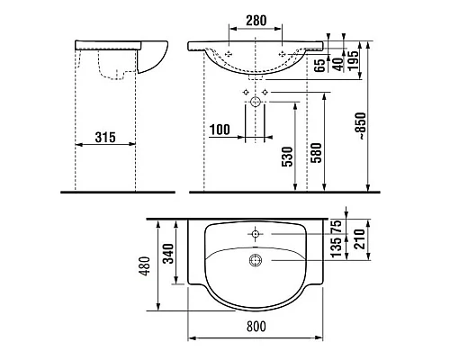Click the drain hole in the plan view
click(x=257, y=260)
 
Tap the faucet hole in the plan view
click(x=256, y=234)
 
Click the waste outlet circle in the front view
click(x=256, y=102)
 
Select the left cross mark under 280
click(x=230, y=53)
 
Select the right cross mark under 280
click(x=286, y=53)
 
